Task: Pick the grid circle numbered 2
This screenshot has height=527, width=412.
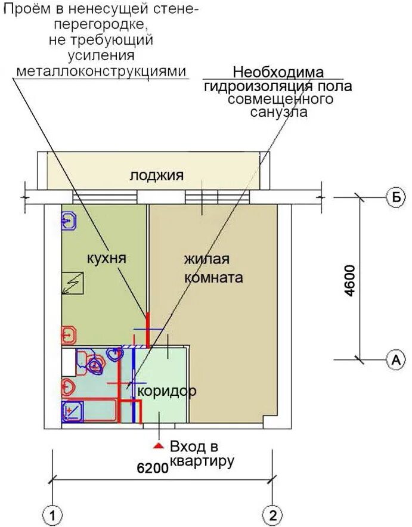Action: click(x=272, y=514)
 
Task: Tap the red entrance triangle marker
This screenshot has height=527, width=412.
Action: click(x=158, y=445)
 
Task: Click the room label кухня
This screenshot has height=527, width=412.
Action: click(x=107, y=258)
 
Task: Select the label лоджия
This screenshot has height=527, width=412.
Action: click(x=157, y=175)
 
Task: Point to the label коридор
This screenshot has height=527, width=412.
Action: click(x=167, y=392)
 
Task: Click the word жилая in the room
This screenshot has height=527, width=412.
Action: click(x=207, y=260)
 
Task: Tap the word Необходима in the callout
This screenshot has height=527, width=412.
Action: click(x=278, y=73)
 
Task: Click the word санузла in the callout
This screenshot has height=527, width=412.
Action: click(x=278, y=111)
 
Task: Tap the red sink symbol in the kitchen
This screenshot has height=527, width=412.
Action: click(x=69, y=336)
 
